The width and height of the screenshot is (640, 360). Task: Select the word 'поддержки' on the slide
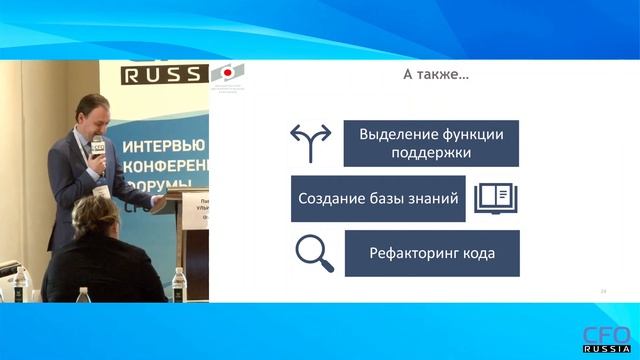click(431, 155)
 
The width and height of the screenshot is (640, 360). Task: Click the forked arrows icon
click(310, 143)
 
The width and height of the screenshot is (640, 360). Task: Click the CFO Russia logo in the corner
click(607, 338)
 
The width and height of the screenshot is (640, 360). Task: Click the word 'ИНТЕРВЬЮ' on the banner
click(163, 145)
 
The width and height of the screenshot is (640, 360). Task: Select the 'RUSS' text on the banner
click(163, 74)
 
